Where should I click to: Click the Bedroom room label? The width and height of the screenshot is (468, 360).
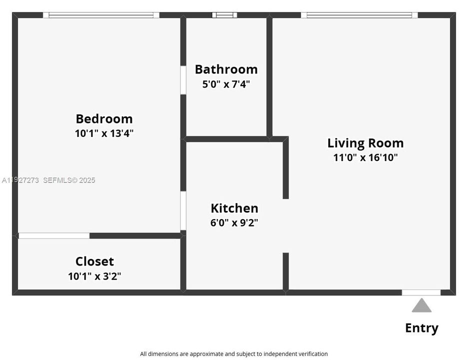click(104, 119)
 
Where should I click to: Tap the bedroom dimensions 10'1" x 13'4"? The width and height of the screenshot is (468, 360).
click(104, 133)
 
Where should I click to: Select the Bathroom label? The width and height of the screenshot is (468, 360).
click(226, 69)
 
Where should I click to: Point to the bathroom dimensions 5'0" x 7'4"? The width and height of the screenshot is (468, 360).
click(226, 84)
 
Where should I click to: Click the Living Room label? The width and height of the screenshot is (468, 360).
click(365, 143)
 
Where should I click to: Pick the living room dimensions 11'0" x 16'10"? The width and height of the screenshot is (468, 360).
click(365, 157)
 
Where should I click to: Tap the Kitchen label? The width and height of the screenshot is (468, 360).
click(234, 208)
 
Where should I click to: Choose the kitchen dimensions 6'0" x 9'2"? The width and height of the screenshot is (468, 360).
click(234, 222)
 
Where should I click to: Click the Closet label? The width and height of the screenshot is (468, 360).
click(94, 261)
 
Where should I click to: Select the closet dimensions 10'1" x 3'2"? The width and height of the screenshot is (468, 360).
click(94, 276)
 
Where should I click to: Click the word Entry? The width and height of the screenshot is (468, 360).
click(422, 328)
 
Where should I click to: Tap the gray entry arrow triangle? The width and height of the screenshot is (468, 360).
click(422, 306)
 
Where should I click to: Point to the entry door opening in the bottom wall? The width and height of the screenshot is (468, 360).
click(421, 292)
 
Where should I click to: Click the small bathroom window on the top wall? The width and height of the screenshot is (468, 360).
click(224, 15)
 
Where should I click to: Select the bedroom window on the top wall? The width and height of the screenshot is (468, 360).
click(101, 15)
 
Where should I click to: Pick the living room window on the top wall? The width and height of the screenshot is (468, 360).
click(359, 15)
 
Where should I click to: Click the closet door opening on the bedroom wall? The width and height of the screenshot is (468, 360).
click(54, 235)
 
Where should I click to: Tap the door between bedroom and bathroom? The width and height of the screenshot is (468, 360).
click(183, 79)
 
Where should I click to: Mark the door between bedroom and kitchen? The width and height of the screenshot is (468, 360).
click(183, 210)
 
